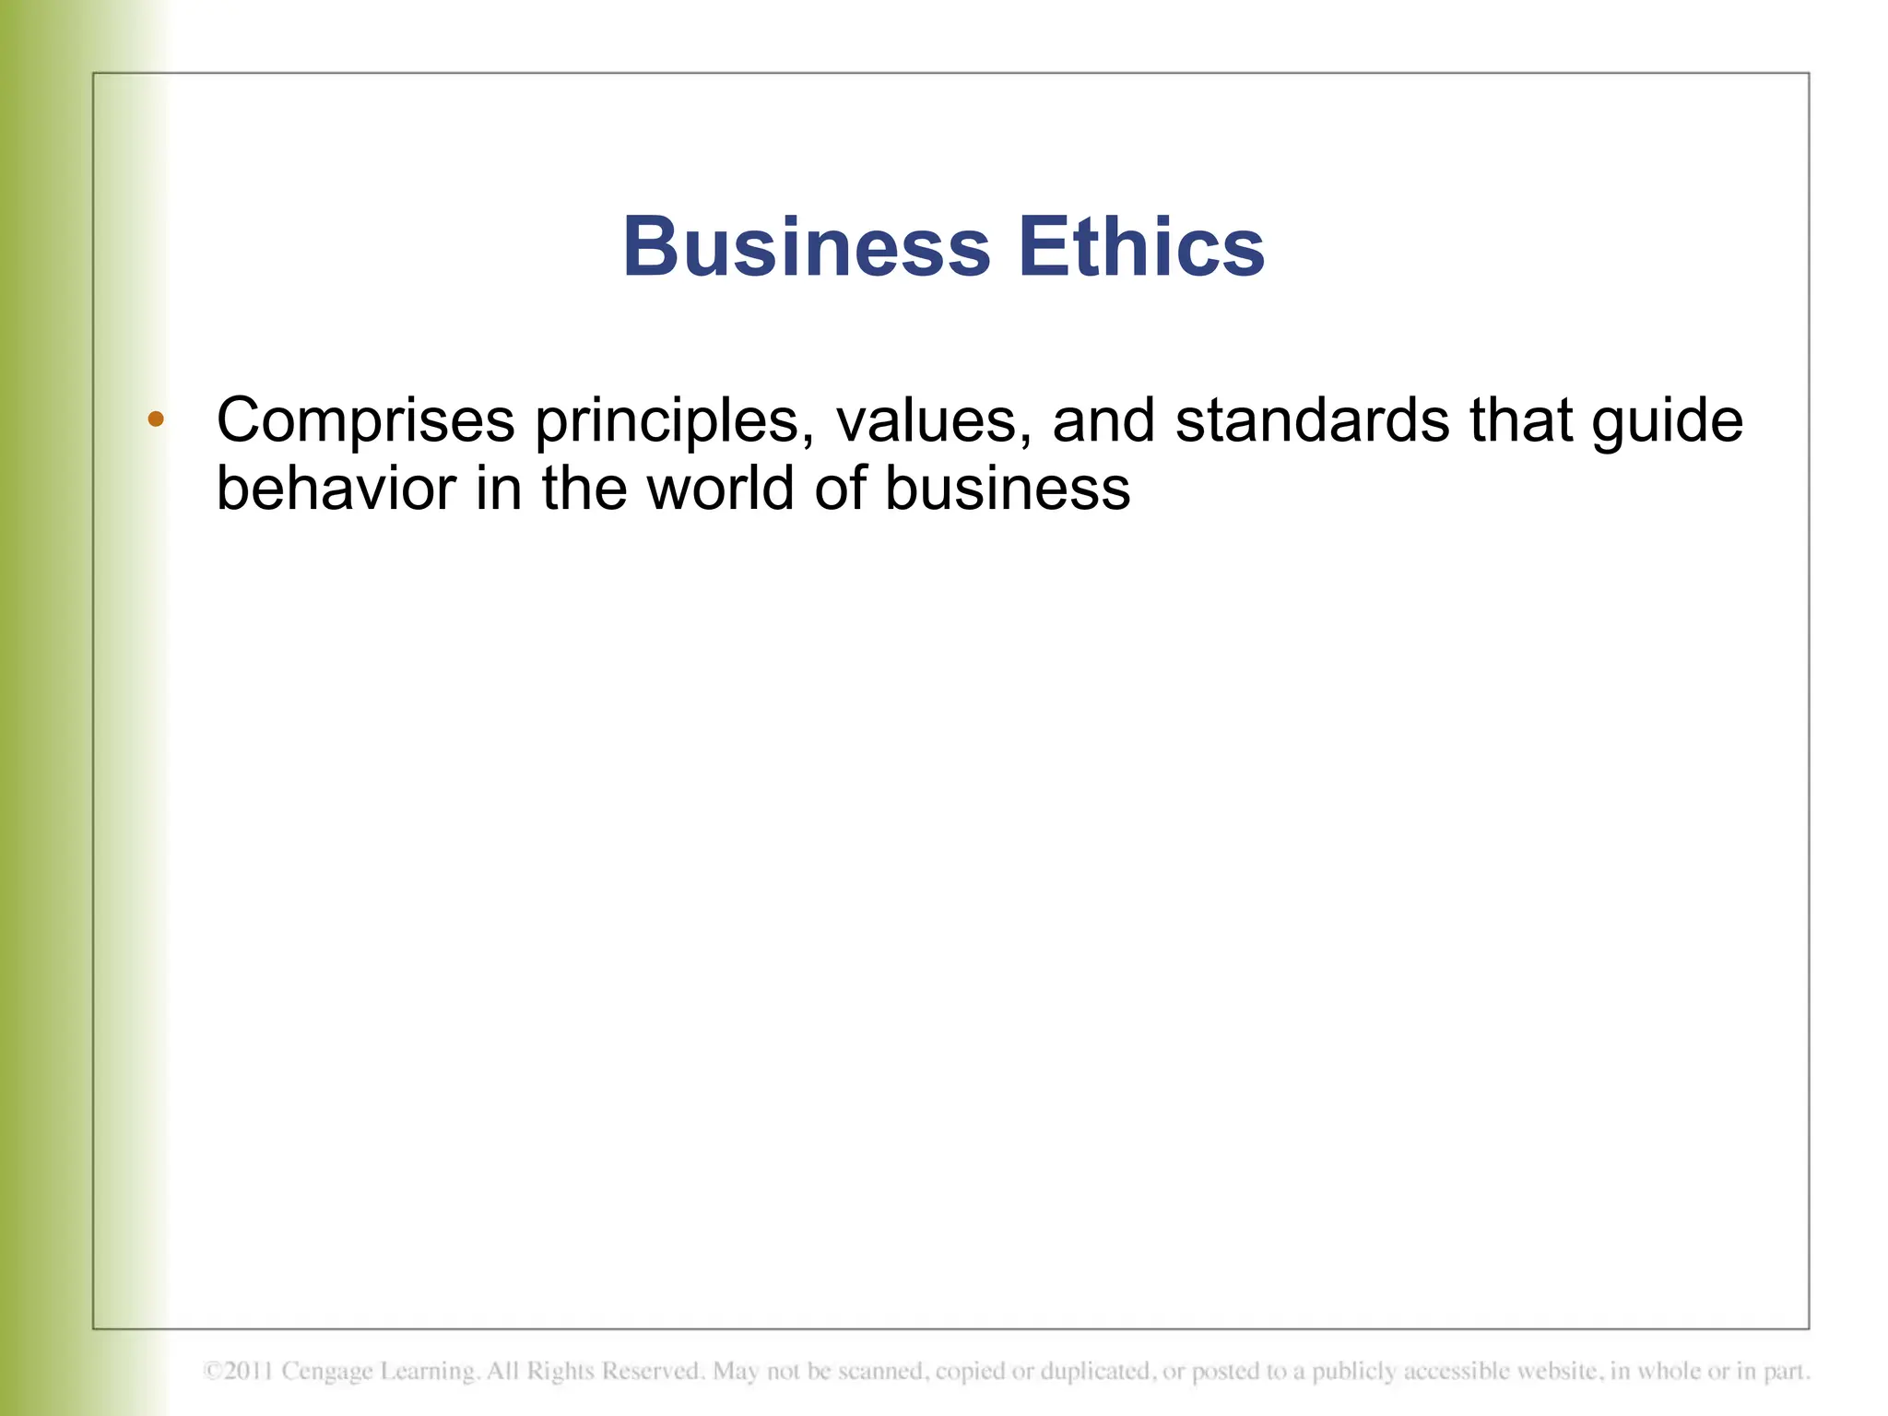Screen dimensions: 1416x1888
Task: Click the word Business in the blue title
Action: [806, 247]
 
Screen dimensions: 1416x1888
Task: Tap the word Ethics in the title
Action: [1141, 247]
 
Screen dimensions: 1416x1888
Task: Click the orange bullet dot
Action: [156, 419]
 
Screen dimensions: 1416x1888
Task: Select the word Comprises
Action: [365, 421]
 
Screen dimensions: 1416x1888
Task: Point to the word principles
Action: [674, 421]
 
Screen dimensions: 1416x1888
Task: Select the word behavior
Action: [336, 489]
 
